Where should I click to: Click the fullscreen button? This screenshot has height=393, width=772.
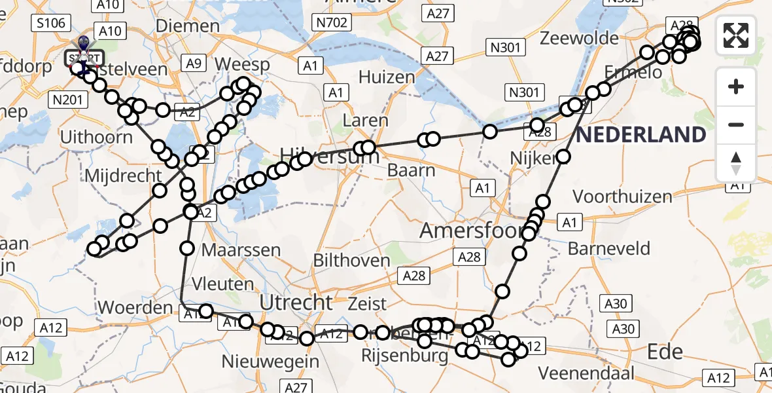(x=736, y=35)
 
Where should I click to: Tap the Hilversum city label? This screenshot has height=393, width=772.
(x=329, y=156)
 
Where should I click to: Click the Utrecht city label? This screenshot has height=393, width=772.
(x=296, y=303)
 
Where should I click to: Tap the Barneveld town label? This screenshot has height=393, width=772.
(x=609, y=248)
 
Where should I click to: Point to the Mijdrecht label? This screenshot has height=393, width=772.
(x=123, y=176)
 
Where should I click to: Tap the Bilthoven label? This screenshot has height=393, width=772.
(x=352, y=260)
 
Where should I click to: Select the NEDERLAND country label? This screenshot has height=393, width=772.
(x=641, y=135)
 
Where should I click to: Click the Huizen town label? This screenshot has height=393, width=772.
(x=387, y=77)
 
